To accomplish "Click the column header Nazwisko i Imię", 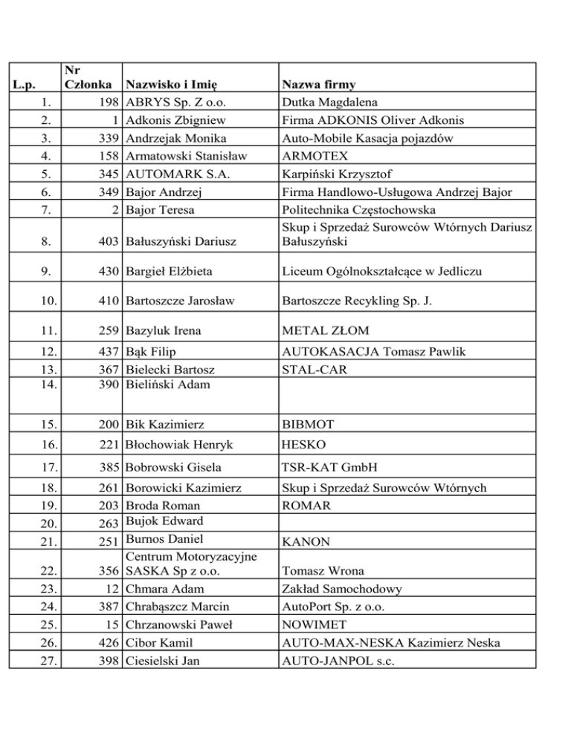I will point(175,86).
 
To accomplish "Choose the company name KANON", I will point(306,543).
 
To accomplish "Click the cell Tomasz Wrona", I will point(323,572).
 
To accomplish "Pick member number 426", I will point(109,643).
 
